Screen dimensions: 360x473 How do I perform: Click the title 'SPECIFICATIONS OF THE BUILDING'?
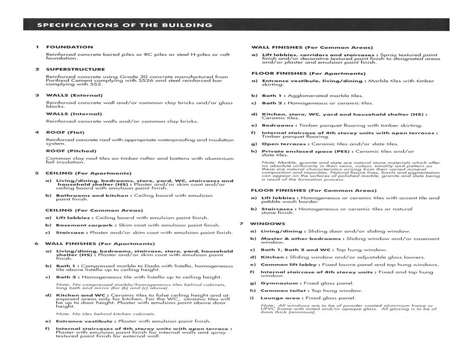(x=125, y=25)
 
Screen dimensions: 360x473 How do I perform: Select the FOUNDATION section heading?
(x=69, y=47)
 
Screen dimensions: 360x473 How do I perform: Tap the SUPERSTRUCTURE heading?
(x=75, y=69)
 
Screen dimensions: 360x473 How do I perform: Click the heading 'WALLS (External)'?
(x=74, y=95)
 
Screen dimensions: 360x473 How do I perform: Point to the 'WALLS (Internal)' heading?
(x=74, y=114)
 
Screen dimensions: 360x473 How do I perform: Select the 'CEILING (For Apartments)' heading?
(x=88, y=173)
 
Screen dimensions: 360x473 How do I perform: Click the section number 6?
(x=37, y=244)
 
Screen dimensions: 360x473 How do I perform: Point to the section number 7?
(x=241, y=223)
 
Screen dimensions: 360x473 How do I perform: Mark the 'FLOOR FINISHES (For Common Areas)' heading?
(x=313, y=191)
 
